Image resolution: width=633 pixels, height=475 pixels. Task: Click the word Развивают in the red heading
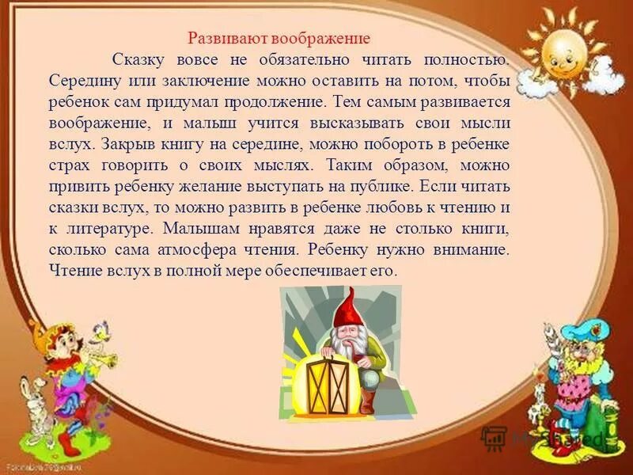(218, 39)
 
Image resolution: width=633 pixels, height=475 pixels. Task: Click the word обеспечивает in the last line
(306, 271)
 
